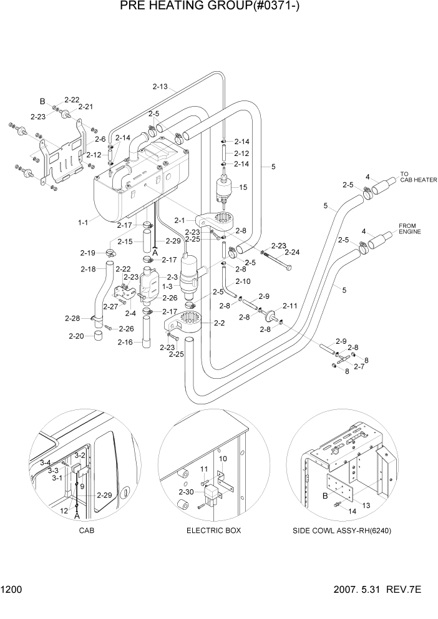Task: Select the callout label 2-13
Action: point(159,86)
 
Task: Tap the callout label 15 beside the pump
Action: point(243,187)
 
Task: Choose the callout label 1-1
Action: point(83,221)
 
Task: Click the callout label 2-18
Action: point(88,269)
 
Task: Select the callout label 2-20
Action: point(75,336)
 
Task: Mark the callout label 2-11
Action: point(290,306)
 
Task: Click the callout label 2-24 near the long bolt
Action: point(292,253)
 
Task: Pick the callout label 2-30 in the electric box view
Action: point(185,492)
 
